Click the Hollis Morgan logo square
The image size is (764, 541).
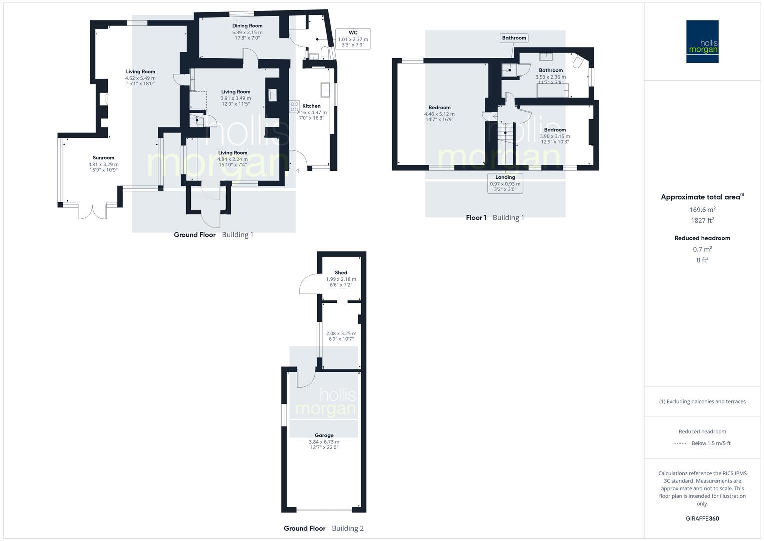(702, 41)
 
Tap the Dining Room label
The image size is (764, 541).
(247, 26)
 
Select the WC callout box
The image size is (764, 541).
(353, 39)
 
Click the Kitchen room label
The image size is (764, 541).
(311, 106)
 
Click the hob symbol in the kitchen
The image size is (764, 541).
(294, 107)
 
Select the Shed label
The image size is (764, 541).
(341, 273)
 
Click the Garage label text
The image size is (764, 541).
(324, 435)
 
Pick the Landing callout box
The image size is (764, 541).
(505, 183)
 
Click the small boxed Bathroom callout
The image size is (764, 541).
(514, 38)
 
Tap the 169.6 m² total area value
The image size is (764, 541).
(702, 210)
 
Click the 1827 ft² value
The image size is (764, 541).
(702, 220)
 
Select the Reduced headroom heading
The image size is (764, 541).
(702, 238)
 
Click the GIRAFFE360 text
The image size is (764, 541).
(702, 519)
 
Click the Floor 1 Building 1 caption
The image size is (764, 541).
(495, 218)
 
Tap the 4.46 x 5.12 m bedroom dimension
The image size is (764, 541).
(439, 114)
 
